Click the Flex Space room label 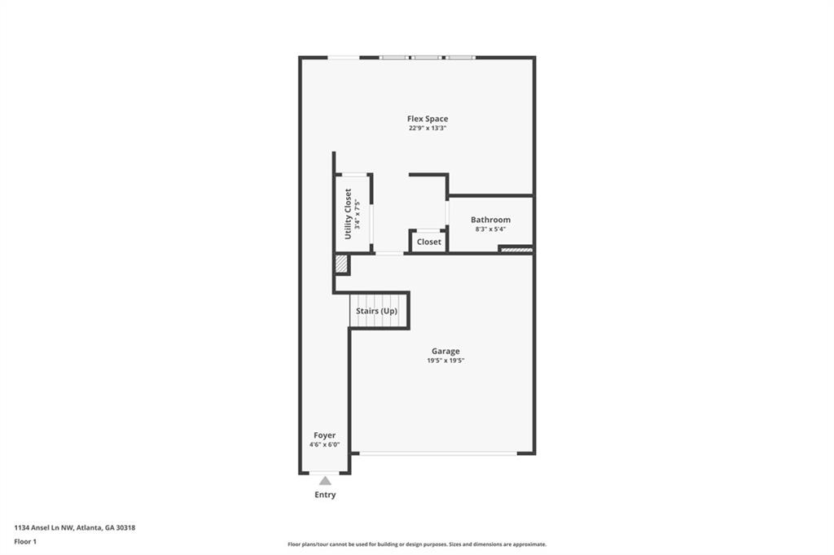click(428, 119)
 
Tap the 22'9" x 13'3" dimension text click(428, 129)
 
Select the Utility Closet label click(348, 213)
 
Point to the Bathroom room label click(490, 220)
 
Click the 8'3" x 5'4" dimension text click(490, 229)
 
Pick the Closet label click(429, 242)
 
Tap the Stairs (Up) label click(376, 312)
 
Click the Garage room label click(446, 352)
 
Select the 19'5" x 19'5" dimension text click(446, 361)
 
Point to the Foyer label click(324, 435)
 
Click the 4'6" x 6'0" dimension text click(324, 445)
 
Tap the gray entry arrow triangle click(325, 481)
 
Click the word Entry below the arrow click(325, 495)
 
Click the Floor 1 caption click(26, 541)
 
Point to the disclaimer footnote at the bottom click(417, 544)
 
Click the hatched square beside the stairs click(341, 264)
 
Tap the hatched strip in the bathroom click(516, 249)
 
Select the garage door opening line click(438, 453)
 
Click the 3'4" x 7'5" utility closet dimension click(358, 213)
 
